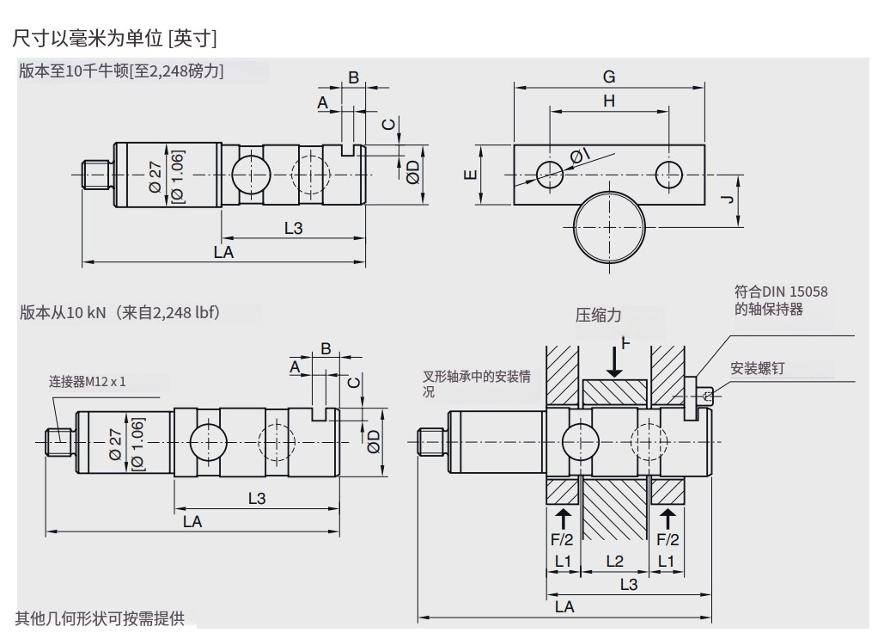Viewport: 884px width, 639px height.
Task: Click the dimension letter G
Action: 608,77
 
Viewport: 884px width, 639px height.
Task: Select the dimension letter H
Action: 608,101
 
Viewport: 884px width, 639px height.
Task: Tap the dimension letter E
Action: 469,175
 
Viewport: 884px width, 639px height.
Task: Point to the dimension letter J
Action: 727,200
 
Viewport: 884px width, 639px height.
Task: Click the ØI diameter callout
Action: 580,156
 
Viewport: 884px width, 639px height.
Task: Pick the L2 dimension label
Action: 615,561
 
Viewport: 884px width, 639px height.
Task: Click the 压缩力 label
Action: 598,315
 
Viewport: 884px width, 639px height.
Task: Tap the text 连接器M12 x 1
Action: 87,381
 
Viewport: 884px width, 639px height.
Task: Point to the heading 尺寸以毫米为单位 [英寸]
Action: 114,39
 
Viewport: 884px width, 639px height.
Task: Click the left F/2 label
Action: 561,539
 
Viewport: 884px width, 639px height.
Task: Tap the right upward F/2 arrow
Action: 668,519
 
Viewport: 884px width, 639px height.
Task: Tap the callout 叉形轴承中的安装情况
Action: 475,384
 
